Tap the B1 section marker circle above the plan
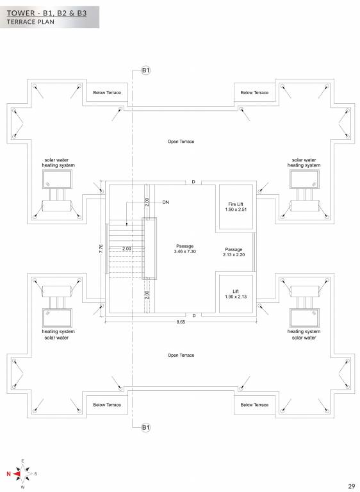145,70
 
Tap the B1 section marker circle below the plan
145,427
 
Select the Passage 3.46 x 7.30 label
184,249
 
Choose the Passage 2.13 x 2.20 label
234,252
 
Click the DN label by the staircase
165,202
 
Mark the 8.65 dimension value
181,323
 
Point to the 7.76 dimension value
101,249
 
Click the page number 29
352,486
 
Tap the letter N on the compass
8,473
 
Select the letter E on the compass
23,461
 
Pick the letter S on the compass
36,473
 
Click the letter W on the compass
23,488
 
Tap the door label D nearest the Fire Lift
193,182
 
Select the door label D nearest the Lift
193,315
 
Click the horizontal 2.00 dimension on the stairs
126,248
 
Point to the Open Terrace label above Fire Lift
181,141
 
